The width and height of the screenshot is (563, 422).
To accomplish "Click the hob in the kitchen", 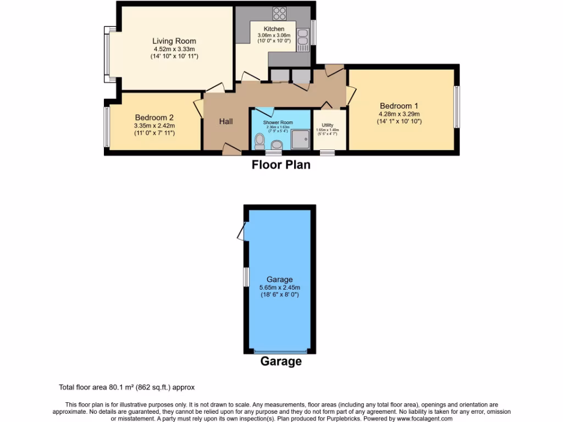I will [x=279, y=13].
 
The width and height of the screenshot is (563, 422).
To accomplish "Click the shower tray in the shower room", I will [x=300, y=140].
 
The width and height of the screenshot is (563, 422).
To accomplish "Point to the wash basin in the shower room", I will [x=277, y=145].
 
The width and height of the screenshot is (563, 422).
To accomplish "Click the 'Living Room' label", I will [x=174, y=41].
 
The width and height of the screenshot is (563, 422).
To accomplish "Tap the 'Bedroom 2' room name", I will [x=154, y=118].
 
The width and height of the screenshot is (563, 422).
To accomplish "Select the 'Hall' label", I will [x=226, y=121].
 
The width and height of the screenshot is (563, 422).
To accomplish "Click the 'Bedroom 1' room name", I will [x=399, y=106].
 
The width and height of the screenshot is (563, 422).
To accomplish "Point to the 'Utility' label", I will [x=328, y=125].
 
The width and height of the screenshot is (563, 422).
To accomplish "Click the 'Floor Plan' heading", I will [x=281, y=165].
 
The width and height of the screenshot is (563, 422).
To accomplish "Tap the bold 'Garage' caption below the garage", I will [x=280, y=362].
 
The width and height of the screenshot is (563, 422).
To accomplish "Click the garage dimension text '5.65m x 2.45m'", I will [x=280, y=287].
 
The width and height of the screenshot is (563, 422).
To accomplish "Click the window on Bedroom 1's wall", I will [x=456, y=107].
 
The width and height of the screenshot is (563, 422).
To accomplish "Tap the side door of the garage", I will [x=242, y=231].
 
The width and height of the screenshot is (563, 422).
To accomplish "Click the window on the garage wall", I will [x=246, y=276].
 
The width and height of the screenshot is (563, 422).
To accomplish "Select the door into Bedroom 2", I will [x=198, y=108].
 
